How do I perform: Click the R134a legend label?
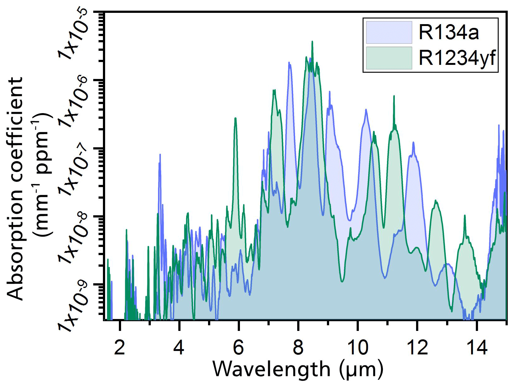[x=449, y=32]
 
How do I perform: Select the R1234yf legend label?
[x=457, y=58]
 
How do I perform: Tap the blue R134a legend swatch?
[x=389, y=32]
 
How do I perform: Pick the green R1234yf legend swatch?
[x=389, y=58]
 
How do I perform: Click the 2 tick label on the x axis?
[x=120, y=347]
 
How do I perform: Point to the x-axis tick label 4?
[x=179, y=347]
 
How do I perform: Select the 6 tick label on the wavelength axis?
[x=238, y=347]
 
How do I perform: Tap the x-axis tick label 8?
[x=298, y=347]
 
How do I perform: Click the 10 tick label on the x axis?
[x=358, y=347]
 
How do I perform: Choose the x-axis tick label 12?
[x=417, y=347]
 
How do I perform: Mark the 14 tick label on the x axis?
[x=477, y=347]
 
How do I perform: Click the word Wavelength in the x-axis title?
[x=272, y=369]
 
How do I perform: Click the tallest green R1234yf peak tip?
[x=312, y=42]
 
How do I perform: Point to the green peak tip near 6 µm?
[x=235, y=118]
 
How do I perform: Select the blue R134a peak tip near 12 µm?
[x=413, y=143]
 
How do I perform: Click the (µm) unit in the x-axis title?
[x=361, y=369]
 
